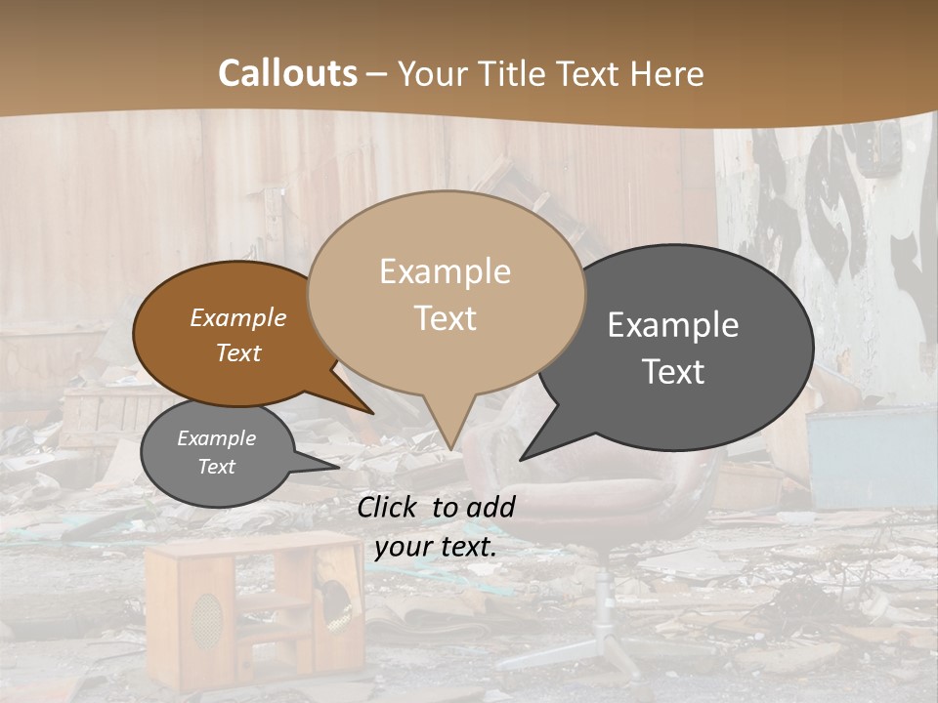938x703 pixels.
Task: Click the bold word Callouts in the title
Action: [287, 73]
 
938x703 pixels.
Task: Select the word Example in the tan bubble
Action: [445, 271]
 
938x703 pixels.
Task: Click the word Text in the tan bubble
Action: [445, 318]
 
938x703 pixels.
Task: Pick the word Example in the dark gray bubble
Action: [673, 325]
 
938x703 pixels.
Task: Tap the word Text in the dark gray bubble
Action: [673, 372]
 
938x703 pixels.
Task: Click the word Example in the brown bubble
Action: [238, 317]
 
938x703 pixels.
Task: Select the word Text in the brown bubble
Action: [238, 352]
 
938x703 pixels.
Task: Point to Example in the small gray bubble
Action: [216, 438]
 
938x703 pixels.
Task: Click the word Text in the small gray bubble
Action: [216, 467]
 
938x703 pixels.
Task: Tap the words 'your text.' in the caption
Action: [436, 547]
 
